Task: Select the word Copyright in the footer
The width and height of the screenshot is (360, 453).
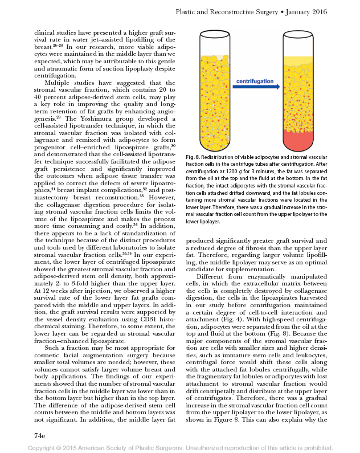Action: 44,448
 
